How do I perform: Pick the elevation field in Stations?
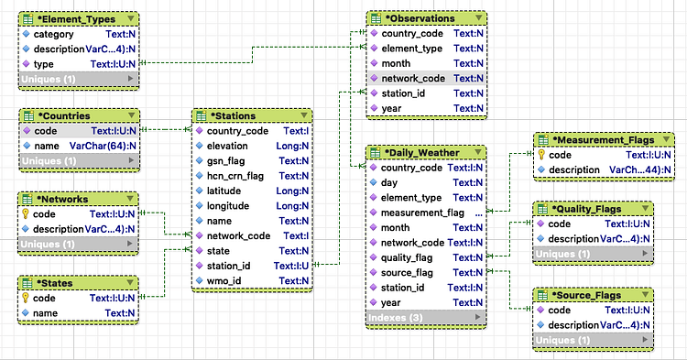pyautogui.click(x=227, y=146)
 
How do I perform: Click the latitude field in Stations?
pyautogui.click(x=225, y=191)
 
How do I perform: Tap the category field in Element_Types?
pyautogui.click(x=53, y=34)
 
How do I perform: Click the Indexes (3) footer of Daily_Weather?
pyautogui.click(x=394, y=318)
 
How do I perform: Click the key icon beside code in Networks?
pyautogui.click(x=26, y=213)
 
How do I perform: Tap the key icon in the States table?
pyautogui.click(x=26, y=298)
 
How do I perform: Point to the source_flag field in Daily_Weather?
pyautogui.click(x=407, y=273)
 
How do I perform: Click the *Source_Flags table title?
pyautogui.click(x=587, y=295)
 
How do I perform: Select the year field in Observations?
pyautogui.click(x=391, y=108)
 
